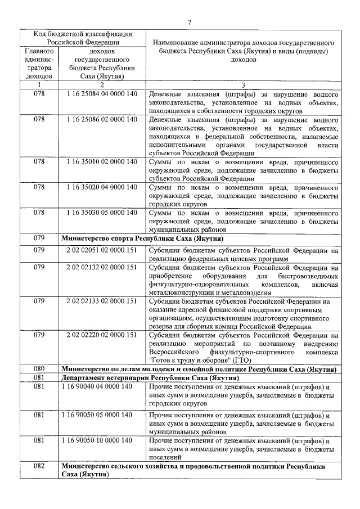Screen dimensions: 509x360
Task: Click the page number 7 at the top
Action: coord(189,22)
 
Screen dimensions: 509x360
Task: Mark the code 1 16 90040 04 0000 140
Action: coord(98,386)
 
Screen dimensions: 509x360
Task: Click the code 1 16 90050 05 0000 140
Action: coord(98,415)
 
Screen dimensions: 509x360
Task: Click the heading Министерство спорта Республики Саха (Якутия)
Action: coord(146,238)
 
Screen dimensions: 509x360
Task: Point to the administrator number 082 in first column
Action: coord(39,466)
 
